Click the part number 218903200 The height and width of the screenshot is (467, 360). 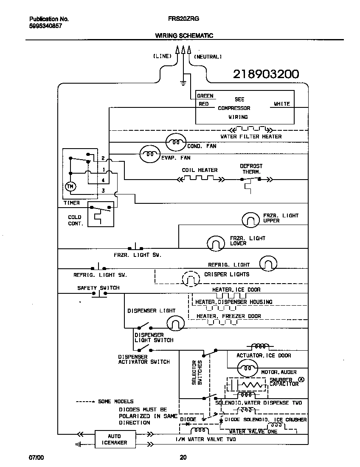coord(266,74)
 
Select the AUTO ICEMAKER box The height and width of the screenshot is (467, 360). coord(114,439)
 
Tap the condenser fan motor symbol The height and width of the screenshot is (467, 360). coord(175,143)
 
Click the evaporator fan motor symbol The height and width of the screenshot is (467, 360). coord(149,155)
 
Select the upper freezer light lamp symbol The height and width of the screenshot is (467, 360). coord(250,219)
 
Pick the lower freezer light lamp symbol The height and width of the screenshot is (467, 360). coord(216,243)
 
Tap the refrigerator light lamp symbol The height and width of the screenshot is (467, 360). coord(268,264)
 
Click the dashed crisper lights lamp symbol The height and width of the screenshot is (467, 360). coord(191,279)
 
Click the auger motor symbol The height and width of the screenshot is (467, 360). coord(245,368)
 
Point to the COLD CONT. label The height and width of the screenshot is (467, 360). coord(76,220)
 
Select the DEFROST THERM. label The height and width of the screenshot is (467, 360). coord(251,169)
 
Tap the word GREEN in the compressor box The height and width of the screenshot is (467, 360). coord(205,96)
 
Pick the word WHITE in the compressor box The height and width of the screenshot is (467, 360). coord(281,104)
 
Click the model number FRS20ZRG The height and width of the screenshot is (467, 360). coord(181,19)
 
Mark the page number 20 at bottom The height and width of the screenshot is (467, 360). coord(183,457)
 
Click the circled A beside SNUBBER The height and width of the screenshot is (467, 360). coord(301,380)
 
